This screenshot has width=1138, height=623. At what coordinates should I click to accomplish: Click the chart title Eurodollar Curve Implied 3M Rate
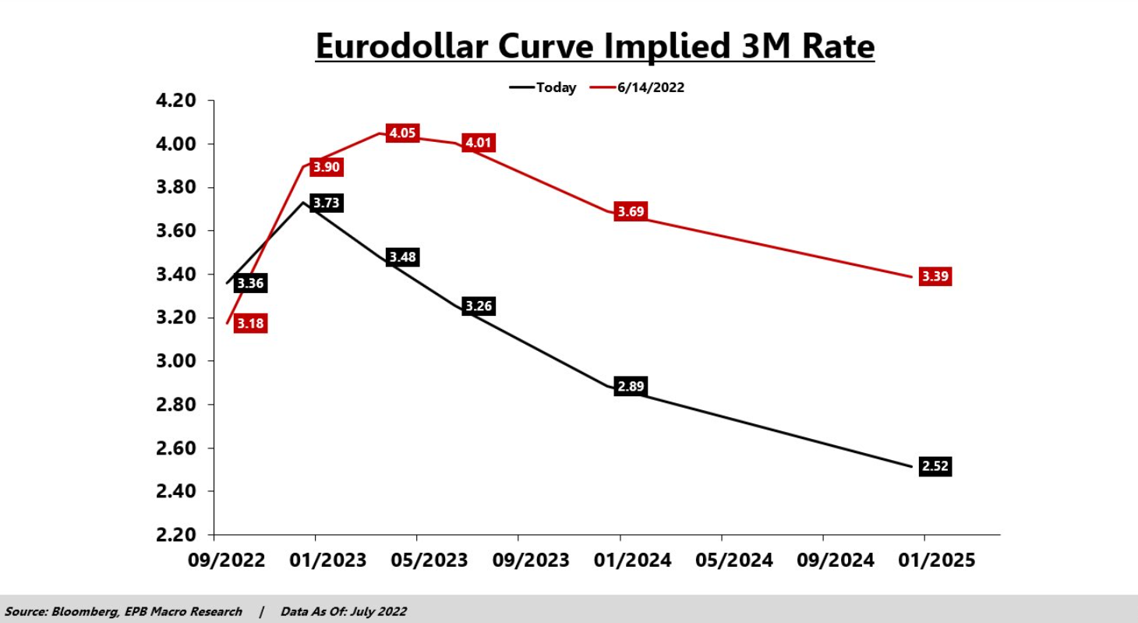coord(595,47)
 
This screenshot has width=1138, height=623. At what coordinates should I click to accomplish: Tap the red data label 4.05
coord(402,133)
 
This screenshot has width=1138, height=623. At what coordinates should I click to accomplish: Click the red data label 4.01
coord(479,143)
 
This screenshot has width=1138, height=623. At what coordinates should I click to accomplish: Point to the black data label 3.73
coord(327,204)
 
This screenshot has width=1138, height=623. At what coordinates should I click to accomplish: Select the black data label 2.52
coord(935,466)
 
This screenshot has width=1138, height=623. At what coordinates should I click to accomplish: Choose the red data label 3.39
coord(935,276)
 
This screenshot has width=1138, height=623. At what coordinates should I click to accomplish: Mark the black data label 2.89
coord(631,386)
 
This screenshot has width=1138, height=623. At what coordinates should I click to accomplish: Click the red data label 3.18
coord(250,324)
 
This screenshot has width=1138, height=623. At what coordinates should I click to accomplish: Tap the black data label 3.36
coord(250,283)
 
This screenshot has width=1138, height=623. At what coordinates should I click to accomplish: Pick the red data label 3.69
coord(631,211)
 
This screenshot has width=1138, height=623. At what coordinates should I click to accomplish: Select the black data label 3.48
coord(402,257)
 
